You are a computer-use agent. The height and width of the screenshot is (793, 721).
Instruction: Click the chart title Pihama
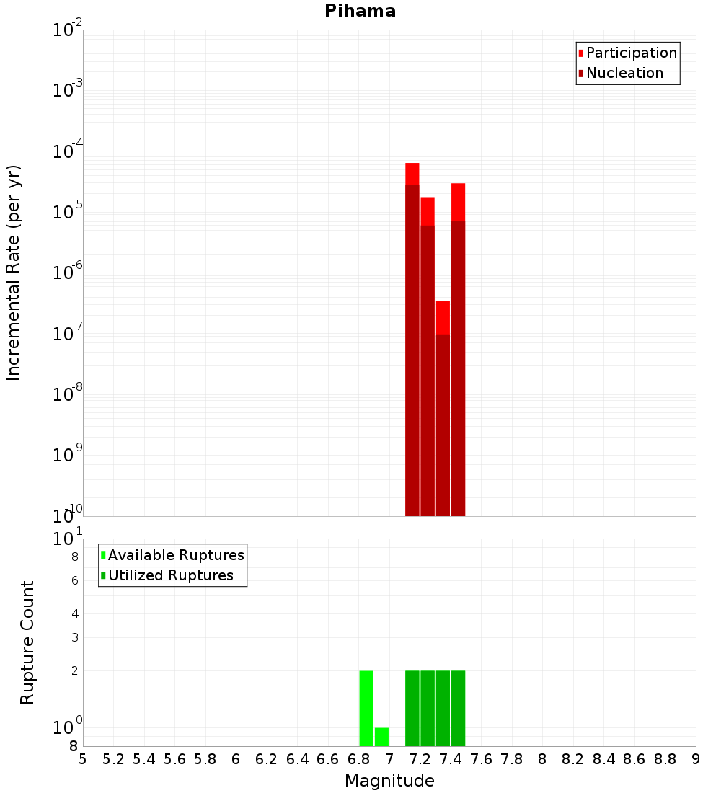[x=360, y=11]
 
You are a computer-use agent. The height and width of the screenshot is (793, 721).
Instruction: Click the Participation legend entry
[x=632, y=53]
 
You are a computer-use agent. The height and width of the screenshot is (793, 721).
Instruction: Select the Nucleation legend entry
[x=624, y=73]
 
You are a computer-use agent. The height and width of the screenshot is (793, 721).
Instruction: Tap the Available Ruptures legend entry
[x=176, y=555]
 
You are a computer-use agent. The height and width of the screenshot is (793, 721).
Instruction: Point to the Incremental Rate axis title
[x=13, y=273]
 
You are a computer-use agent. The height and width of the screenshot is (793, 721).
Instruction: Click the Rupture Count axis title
[x=27, y=642]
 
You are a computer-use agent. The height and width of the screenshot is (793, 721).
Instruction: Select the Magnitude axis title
[x=389, y=781]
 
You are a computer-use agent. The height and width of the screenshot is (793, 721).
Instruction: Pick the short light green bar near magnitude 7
[x=381, y=737]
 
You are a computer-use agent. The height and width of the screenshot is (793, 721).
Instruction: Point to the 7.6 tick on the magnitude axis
[x=481, y=758]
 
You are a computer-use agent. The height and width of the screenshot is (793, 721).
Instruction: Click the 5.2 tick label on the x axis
[x=113, y=758]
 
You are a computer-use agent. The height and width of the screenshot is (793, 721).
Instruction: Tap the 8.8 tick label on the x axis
[x=665, y=758]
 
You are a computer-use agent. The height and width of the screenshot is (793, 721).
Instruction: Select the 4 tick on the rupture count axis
[x=74, y=613]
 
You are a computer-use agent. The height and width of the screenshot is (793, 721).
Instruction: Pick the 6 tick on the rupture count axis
[x=74, y=580]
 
